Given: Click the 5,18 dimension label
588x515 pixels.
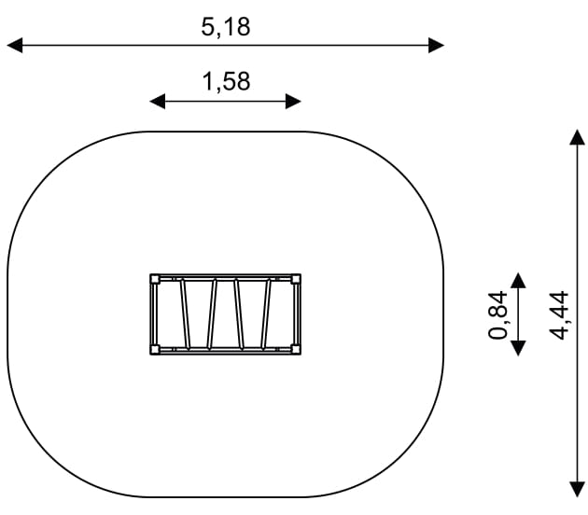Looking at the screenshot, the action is click(x=226, y=27).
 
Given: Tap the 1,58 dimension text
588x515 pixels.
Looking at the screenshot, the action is click(x=226, y=82).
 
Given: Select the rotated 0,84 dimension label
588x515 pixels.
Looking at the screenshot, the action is click(x=497, y=314).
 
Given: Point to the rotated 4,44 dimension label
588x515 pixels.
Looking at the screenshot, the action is click(x=558, y=315).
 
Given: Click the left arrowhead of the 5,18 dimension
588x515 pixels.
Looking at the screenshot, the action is click(x=15, y=46).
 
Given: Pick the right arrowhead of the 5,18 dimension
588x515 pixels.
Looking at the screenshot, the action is click(x=437, y=46).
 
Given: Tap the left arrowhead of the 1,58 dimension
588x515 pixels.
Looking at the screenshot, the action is click(x=158, y=101).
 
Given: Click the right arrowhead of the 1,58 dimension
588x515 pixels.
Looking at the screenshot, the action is click(x=293, y=101).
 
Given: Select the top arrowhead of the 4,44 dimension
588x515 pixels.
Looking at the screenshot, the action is click(x=577, y=137).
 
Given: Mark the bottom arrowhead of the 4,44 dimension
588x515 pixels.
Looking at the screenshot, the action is click(x=577, y=490).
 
